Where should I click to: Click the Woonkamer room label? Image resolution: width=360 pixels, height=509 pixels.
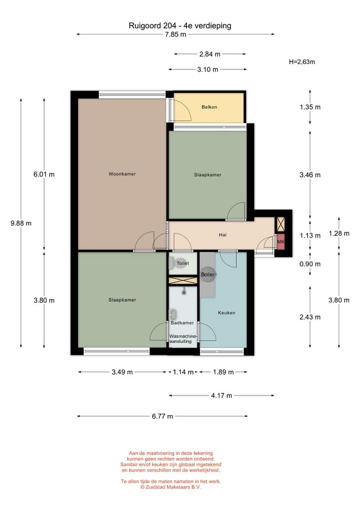122,174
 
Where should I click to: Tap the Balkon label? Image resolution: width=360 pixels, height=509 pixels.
209,107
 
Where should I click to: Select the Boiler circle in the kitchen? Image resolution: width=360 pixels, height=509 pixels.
207,274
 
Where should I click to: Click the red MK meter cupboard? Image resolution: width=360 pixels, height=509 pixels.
280,242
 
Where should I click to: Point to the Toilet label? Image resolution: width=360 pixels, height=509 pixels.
183,264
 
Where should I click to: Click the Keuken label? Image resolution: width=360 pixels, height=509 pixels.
226,313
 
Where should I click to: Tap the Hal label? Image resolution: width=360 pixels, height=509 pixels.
223,235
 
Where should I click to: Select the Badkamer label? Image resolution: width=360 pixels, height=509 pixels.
182,323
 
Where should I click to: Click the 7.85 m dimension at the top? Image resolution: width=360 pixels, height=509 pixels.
175,34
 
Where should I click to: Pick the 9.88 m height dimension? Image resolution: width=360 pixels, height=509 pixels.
21,223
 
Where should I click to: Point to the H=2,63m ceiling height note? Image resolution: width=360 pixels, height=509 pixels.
302,62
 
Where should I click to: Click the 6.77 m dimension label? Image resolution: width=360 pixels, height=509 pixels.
162,416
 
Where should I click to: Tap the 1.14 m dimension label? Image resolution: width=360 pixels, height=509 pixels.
183,372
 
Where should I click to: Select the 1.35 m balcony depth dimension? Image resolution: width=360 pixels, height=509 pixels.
310,107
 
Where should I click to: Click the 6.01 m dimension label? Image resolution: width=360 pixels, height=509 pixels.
44,174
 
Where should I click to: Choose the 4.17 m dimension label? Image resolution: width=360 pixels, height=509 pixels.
222,396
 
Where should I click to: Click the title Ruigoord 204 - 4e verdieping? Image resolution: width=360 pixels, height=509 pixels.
180,25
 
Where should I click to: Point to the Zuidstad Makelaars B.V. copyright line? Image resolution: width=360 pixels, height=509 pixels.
171,487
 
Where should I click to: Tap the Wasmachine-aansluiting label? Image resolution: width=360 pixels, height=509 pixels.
183,339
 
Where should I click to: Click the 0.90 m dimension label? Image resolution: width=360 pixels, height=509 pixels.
310,264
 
